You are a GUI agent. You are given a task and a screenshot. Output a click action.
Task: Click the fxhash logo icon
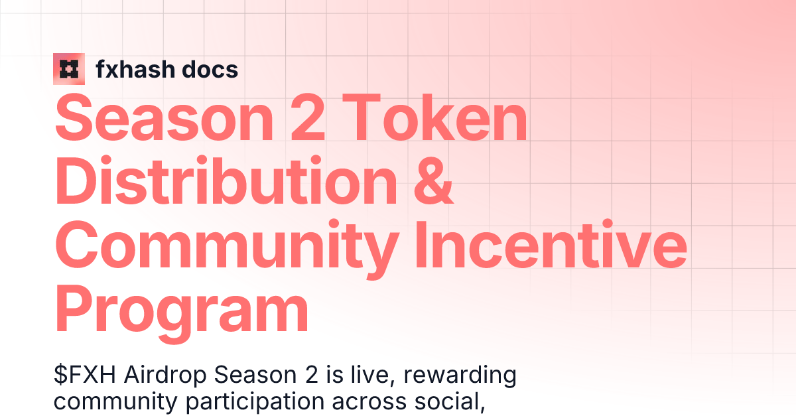point(69,68)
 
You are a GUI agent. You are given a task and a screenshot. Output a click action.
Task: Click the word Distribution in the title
point(216,180)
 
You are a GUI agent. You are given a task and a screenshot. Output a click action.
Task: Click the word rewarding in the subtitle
point(460,376)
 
